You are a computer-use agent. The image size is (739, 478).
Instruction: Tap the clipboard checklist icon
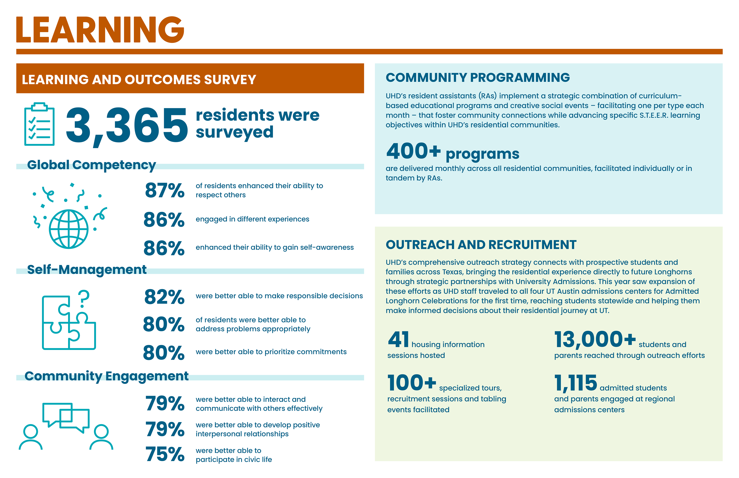pyautogui.click(x=39, y=124)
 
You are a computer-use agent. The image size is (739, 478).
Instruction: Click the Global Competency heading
pyautogui.click(x=91, y=165)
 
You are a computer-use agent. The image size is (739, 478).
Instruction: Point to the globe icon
pyautogui.click(x=69, y=229)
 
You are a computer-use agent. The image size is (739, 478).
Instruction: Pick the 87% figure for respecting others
pyautogui.click(x=165, y=190)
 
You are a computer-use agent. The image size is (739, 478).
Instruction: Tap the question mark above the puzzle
pyautogui.click(x=84, y=299)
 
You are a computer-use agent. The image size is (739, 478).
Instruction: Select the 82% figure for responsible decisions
pyautogui.click(x=164, y=297)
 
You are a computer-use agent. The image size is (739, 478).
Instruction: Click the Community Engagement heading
pyautogui.click(x=106, y=376)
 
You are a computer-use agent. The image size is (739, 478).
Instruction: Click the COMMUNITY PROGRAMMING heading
pyautogui.click(x=477, y=77)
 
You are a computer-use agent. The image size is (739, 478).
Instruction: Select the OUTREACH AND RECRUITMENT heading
pyautogui.click(x=481, y=245)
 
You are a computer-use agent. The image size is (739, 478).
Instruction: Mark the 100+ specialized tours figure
pyautogui.click(x=412, y=383)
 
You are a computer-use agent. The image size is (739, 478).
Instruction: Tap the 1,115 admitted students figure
pyautogui.click(x=575, y=383)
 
